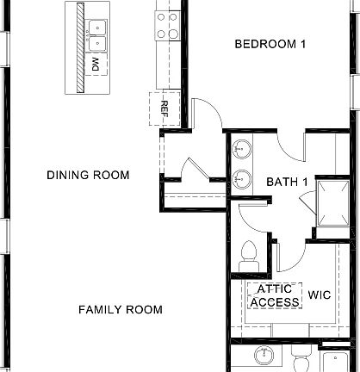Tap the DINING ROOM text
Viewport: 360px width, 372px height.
pos(88,176)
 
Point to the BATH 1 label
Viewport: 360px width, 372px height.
pos(287,182)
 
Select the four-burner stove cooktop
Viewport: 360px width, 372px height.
pos(167,25)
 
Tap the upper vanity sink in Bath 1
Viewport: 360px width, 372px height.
pos(242,149)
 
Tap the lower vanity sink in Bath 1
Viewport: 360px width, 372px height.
pos(242,179)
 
